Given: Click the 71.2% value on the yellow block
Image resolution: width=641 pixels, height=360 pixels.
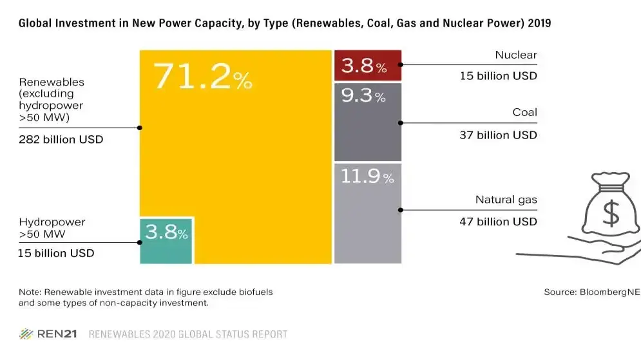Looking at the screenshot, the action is click(x=202, y=76).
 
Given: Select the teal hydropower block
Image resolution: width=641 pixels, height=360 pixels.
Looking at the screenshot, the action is click(x=166, y=241).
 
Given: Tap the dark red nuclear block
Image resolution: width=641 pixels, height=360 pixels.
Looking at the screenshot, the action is click(x=368, y=66).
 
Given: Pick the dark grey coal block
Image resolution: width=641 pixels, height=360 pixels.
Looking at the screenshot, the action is click(x=368, y=122).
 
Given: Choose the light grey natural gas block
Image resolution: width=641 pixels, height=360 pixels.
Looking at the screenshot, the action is click(x=368, y=213).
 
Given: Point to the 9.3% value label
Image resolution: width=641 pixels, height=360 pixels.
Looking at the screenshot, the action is click(x=363, y=95).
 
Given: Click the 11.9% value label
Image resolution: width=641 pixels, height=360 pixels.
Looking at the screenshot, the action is click(x=367, y=176).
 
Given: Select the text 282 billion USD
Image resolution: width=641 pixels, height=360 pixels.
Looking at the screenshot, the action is click(x=61, y=139).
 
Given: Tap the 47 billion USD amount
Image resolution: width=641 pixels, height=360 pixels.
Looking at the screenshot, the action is click(x=498, y=222).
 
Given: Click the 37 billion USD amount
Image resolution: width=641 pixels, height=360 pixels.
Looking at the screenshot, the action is click(x=498, y=135).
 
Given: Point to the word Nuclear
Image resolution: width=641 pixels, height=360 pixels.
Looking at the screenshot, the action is click(x=516, y=55).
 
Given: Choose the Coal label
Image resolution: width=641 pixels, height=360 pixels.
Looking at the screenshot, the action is click(x=524, y=112).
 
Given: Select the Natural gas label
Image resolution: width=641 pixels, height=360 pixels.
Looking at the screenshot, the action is click(x=506, y=200).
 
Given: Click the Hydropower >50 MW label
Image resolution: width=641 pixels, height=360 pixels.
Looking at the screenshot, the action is click(x=52, y=228).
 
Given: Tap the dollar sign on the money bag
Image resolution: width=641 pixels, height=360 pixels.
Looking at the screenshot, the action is click(x=611, y=213).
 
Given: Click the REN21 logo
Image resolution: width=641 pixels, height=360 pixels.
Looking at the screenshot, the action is click(x=48, y=334).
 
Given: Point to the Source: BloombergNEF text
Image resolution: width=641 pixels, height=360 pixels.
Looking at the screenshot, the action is click(x=592, y=292).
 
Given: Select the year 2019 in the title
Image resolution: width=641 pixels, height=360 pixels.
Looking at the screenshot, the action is click(x=539, y=23).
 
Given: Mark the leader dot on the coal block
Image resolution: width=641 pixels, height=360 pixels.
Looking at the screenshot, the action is click(x=401, y=122).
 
